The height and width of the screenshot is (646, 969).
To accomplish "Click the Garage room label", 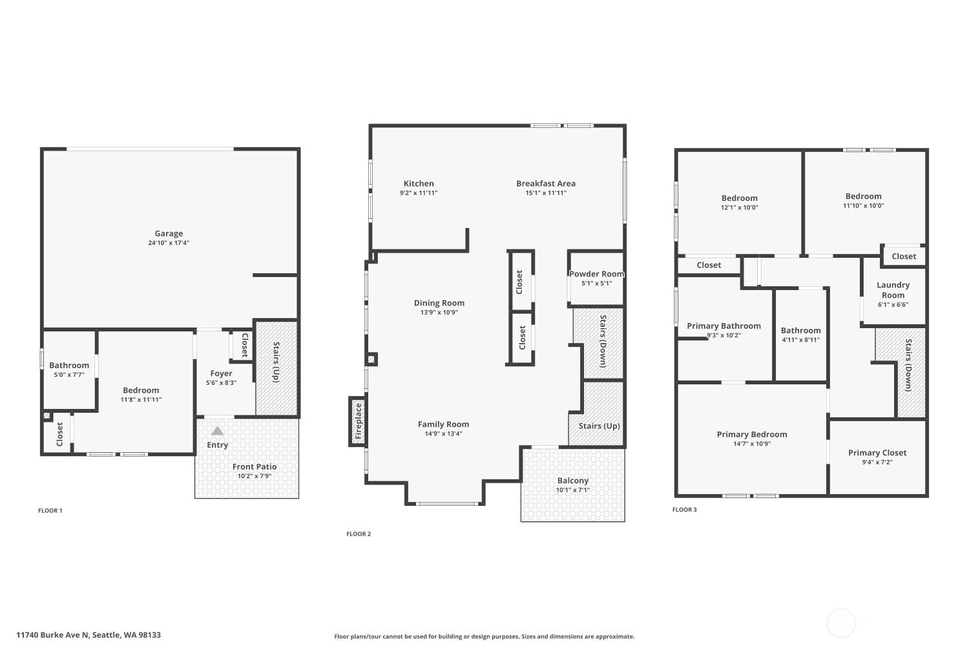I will point(169,234).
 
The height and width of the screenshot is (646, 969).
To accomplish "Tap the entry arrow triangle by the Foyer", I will point(218,431).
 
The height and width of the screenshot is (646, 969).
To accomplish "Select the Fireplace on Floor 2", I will point(358,421).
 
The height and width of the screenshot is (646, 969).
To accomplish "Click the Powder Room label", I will point(596,274).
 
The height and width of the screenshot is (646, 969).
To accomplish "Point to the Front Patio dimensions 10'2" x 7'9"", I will point(255,476).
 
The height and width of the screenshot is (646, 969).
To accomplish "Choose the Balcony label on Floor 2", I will point(573,481).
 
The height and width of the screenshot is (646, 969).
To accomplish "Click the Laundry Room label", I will point(893,290).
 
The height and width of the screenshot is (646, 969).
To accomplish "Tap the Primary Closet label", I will point(877,453).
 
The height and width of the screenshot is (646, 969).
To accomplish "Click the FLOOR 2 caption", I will point(359,534).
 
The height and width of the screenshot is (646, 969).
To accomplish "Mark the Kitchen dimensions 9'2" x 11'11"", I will point(419,193).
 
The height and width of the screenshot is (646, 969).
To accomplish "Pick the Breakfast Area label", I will point(546,183).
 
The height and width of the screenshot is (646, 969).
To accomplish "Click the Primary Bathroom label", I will point(724,326).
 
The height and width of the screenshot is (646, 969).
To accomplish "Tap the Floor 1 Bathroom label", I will point(69,366).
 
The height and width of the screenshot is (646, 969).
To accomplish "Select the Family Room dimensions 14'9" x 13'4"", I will point(443,434).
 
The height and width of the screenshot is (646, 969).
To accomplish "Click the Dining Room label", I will point(439,303).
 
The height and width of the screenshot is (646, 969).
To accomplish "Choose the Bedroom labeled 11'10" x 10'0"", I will point(863,196).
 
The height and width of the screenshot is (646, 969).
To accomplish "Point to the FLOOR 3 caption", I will point(685,510).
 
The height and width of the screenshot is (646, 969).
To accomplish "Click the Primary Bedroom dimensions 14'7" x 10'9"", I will point(752,444).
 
